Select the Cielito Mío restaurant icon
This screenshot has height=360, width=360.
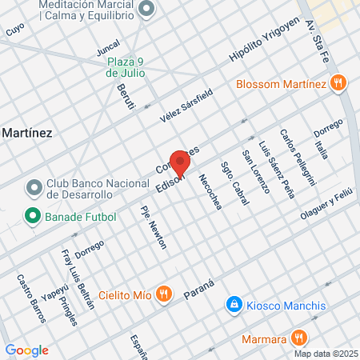pyautogui.click(x=164, y=294)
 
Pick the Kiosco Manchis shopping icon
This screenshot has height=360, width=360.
pyautogui.click(x=234, y=306)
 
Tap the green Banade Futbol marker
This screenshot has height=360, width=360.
pyautogui.click(x=33, y=216)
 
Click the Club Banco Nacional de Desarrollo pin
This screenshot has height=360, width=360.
pyautogui.click(x=34, y=187)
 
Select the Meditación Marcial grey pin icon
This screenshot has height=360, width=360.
pyautogui.click(x=146, y=9)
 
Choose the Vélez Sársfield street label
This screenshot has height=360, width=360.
pyautogui.click(x=187, y=104)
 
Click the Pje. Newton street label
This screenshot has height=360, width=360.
pyautogui.click(x=153, y=228)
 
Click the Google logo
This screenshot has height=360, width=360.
pyautogui.click(x=26, y=350)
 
